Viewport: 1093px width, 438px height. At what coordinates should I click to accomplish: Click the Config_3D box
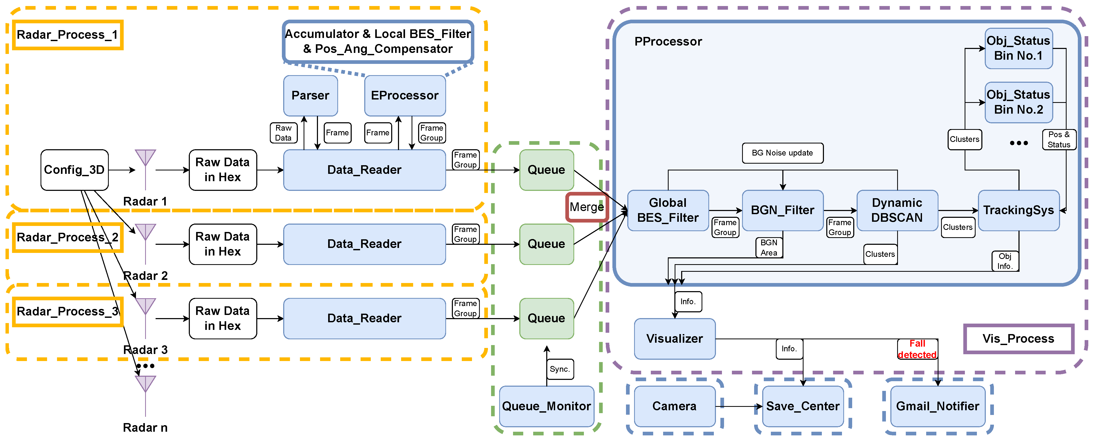coord(74,170)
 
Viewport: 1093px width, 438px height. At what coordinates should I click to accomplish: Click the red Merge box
coord(587,207)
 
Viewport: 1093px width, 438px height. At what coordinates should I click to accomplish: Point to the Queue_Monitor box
coord(546,406)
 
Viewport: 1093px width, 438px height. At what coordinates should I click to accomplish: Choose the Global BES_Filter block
coord(668,210)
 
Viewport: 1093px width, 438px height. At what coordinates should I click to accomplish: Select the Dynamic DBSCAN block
coord(897,210)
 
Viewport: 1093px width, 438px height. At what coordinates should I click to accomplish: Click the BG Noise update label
coord(782,153)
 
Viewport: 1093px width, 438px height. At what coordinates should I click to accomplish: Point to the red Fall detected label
coord(917,349)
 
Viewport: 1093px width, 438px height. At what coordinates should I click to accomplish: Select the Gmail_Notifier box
coord(938,406)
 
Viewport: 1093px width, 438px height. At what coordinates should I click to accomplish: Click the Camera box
coord(674,406)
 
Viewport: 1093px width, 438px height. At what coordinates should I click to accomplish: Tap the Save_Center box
coord(803,406)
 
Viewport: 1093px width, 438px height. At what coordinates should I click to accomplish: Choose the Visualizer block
coord(674,339)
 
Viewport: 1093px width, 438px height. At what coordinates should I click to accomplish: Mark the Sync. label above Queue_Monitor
coord(560,369)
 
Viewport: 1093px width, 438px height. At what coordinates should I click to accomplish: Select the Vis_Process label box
coord(1018,339)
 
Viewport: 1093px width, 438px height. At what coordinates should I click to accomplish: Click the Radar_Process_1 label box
coord(67,35)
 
